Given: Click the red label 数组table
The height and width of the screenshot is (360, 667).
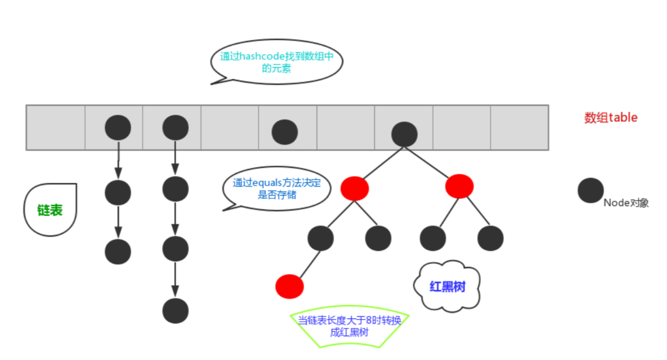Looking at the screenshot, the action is (610, 117).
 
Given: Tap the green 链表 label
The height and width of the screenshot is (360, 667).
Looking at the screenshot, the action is (50, 210).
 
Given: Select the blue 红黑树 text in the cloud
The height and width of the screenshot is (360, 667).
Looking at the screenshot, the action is (447, 287).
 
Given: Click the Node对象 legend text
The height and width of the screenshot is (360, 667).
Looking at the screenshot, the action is (626, 203).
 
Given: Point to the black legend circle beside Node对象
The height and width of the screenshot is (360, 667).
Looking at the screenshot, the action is (591, 191).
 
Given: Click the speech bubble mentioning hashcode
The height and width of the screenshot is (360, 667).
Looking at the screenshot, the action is (276, 62).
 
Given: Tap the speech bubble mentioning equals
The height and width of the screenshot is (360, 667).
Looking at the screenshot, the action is (276, 189).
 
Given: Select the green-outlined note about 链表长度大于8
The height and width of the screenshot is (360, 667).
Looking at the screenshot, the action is (350, 326).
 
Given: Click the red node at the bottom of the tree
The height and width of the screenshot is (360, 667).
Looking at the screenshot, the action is (289, 286).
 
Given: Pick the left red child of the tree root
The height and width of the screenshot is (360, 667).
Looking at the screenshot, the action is (355, 188).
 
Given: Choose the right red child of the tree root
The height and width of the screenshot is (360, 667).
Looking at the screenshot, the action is (459, 187).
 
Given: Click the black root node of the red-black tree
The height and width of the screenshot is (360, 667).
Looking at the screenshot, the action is (404, 134).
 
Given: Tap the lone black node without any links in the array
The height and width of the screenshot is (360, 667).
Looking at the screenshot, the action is (285, 132).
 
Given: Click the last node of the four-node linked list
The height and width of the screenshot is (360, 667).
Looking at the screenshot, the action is (176, 311).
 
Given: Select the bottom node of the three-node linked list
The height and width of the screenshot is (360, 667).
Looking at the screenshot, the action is (118, 251).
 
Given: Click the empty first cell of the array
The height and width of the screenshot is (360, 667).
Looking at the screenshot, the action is (56, 127).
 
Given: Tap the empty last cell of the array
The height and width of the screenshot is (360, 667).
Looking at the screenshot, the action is (520, 127).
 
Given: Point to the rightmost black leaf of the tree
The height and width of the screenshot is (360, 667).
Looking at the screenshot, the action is (490, 238).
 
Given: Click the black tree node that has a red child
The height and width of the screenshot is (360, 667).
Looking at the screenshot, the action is (321, 238).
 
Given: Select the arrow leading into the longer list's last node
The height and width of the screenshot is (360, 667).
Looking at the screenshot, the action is (175, 280).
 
